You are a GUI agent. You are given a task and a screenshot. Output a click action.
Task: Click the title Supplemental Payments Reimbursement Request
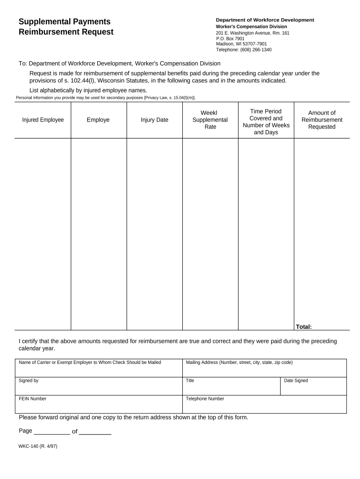65,27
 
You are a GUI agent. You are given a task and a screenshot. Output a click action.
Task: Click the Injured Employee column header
43,120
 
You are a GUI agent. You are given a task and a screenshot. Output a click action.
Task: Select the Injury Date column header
154,120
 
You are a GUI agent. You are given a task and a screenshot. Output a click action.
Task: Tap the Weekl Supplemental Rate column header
210,120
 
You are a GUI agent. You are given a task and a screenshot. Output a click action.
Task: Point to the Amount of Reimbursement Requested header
322,120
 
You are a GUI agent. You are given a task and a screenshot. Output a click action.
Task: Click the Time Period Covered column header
266,122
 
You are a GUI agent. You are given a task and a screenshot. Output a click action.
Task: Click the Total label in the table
303,327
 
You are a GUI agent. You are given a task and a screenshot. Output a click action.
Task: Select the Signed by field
98,388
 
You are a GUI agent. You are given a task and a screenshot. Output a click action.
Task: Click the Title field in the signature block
231,388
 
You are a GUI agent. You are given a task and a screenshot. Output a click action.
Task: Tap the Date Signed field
314,388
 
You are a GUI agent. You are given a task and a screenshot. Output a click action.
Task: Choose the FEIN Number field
98,406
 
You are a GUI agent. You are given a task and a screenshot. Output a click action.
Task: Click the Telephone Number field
264,406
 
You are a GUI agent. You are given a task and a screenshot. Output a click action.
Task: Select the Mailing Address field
264,370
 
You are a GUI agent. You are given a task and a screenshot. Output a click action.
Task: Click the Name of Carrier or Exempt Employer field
98,370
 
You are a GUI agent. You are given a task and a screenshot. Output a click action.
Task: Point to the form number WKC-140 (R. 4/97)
38,446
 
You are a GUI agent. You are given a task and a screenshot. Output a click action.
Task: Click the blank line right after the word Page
52,431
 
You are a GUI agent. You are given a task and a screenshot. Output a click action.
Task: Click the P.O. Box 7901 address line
230,39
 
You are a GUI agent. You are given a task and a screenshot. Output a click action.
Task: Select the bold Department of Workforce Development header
265,20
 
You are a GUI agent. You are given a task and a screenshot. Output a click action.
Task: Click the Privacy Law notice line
106,98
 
